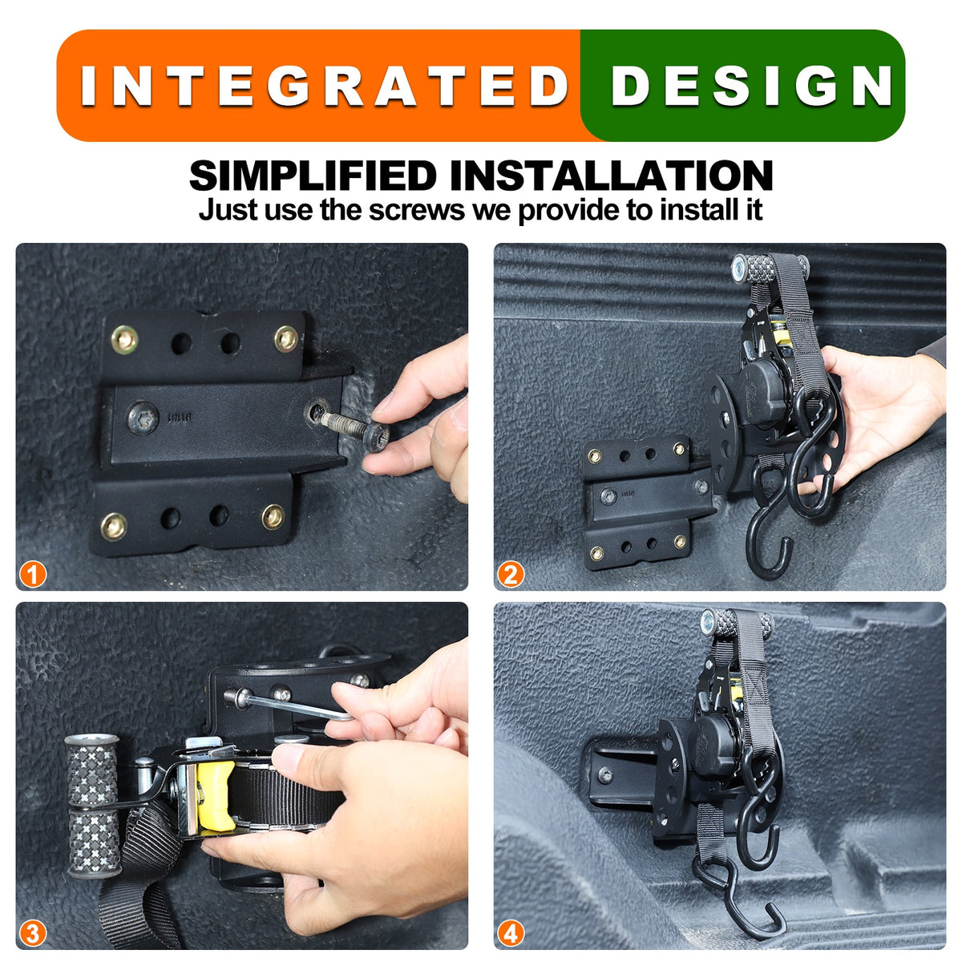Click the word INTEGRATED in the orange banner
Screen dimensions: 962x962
coord(324,86)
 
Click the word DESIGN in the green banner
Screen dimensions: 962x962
coord(752,86)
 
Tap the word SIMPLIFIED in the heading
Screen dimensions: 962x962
coord(313,176)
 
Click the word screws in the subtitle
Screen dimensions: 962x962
coord(416,210)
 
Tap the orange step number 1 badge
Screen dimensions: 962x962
coord(33,575)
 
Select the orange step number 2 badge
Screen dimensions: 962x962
coord(511,575)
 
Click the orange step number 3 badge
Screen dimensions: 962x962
coord(33,934)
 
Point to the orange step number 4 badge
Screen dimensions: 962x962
coord(511,934)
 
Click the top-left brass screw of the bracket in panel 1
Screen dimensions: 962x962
coord(124,340)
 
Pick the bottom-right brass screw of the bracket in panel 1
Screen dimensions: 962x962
coord(273,516)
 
